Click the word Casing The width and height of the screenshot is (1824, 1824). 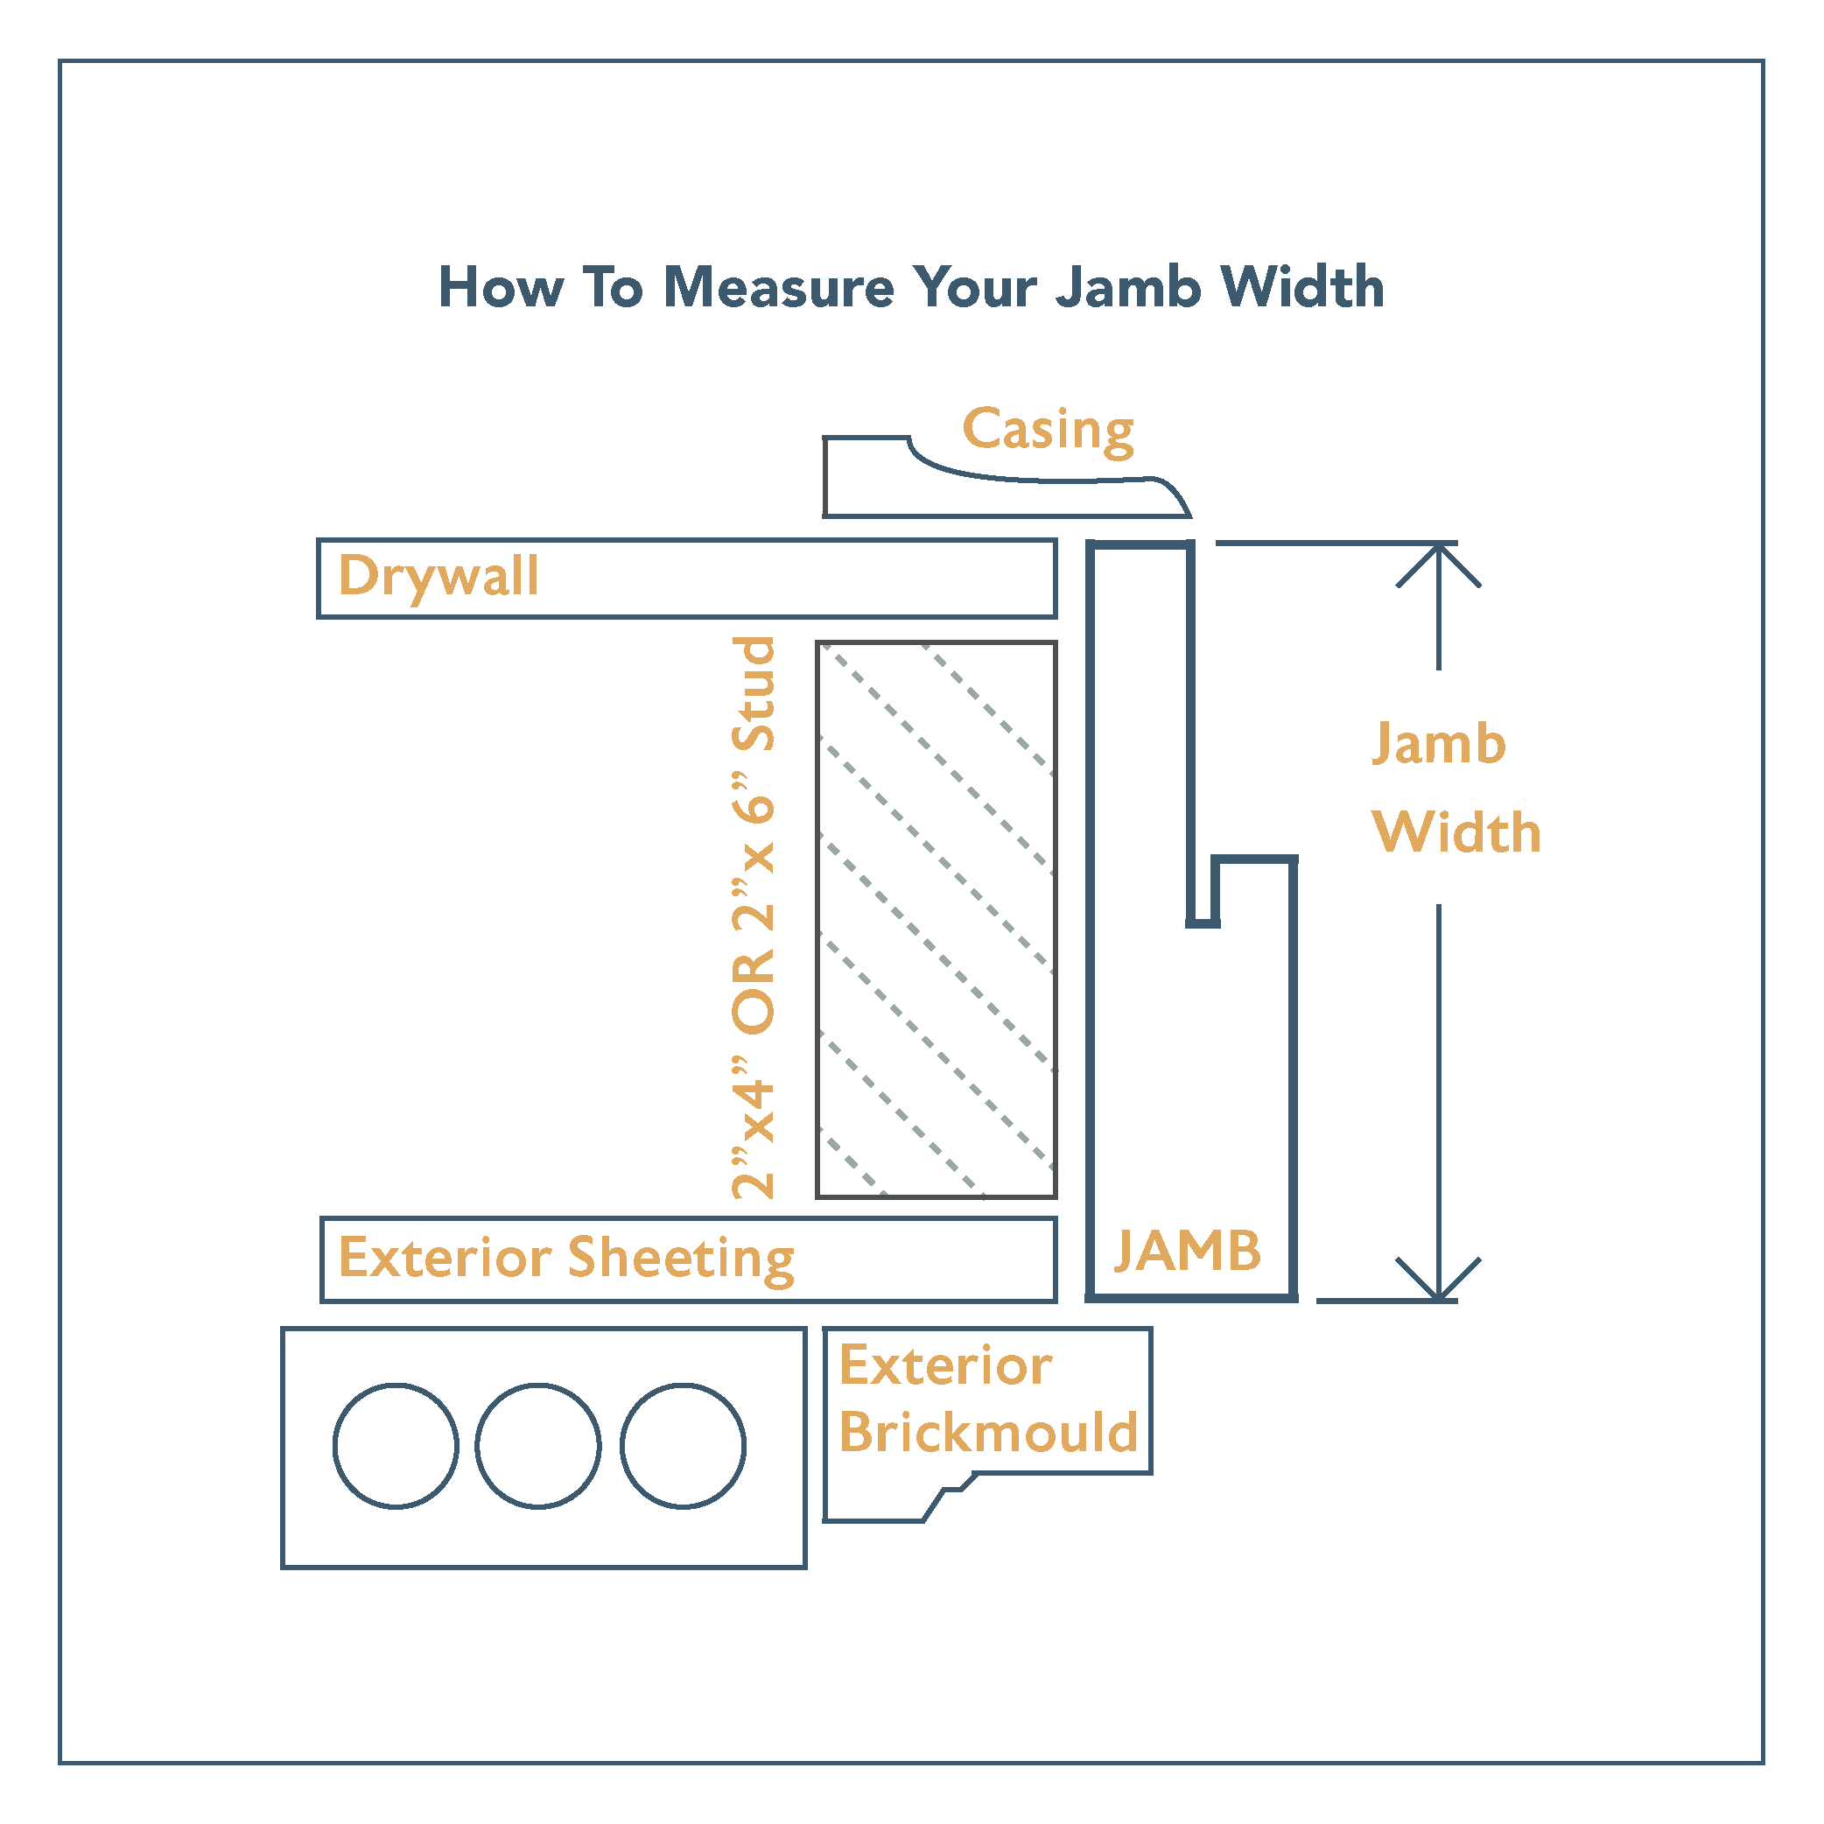click(x=1048, y=431)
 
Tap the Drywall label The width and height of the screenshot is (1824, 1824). click(x=439, y=577)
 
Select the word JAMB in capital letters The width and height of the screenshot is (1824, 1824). click(x=1188, y=1251)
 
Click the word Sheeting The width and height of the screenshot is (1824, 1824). click(x=682, y=1259)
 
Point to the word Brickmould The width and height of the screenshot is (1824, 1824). click(x=988, y=1432)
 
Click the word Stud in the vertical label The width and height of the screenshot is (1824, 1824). click(x=754, y=694)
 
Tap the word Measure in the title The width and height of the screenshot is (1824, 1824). click(x=779, y=287)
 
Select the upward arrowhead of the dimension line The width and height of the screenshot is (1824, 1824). click(x=1439, y=565)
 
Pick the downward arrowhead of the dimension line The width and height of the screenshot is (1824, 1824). click(x=1439, y=1280)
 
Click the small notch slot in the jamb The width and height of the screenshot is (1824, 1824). click(x=1203, y=892)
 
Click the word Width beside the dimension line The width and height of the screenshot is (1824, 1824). click(x=1456, y=832)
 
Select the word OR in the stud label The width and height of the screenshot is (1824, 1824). click(x=754, y=992)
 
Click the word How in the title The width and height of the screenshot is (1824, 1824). click(x=502, y=287)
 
